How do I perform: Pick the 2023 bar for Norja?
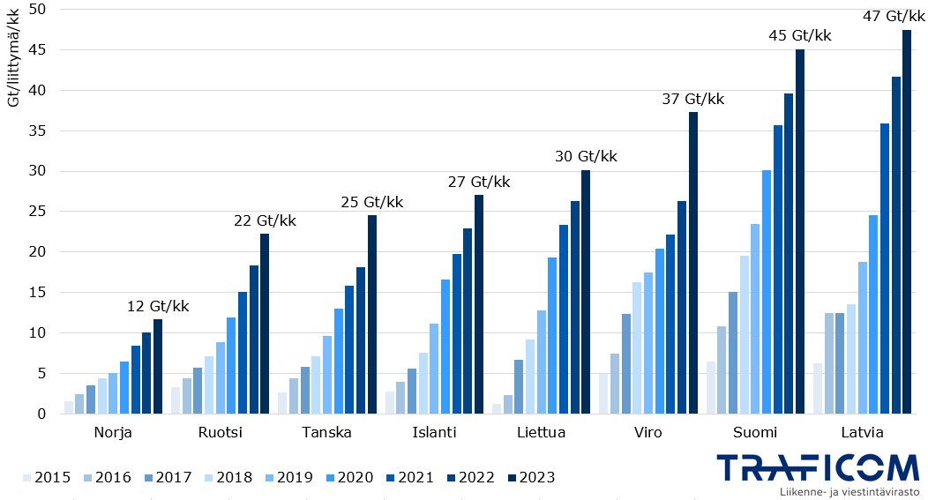158,367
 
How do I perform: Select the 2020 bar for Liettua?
552,336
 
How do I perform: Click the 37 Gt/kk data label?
692,99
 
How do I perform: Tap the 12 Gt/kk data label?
158,306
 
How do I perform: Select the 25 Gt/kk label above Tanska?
371,202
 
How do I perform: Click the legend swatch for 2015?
26,478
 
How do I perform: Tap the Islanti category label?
434,433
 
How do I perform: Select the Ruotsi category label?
221,433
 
